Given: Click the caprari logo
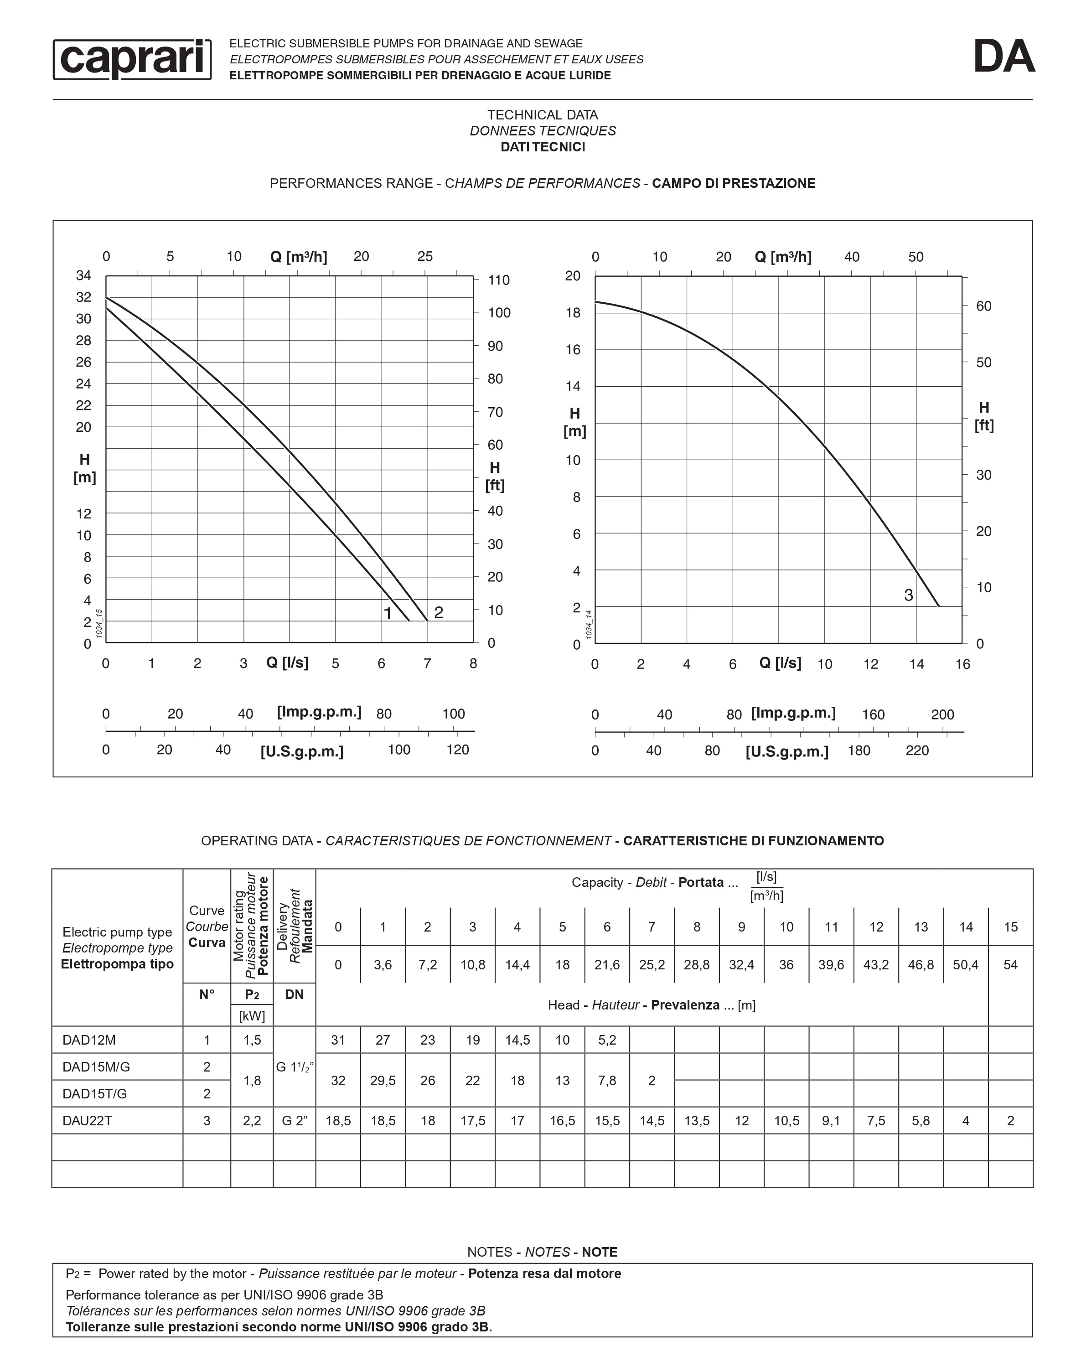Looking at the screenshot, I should [132, 59].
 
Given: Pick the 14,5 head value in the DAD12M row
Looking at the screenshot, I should [517, 1040].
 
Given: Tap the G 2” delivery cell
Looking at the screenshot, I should [294, 1121].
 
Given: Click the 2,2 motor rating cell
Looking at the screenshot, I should [252, 1121].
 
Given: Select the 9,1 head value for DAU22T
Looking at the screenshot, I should [831, 1121].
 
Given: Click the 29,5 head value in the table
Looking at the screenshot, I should [383, 1080].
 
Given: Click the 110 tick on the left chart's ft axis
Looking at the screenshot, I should [499, 280].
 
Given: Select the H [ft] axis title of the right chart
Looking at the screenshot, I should [984, 416].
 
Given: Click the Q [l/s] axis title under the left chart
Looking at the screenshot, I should [287, 663].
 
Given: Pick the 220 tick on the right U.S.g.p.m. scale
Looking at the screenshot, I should [917, 751].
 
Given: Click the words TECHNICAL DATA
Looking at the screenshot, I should [543, 114].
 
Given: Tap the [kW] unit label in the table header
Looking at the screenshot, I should [252, 1016].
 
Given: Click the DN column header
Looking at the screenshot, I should [294, 994].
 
